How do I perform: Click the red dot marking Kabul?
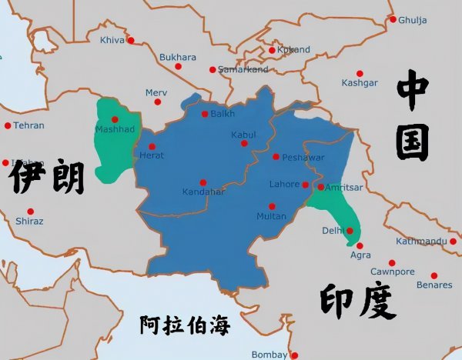pos(244,143)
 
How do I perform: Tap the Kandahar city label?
pos(203,192)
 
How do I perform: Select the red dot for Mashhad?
pos(115,119)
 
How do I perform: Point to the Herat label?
pos(152,156)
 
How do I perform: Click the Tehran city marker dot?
pos(8,125)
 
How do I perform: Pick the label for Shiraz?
pos(29,222)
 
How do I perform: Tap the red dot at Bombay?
pos(293,355)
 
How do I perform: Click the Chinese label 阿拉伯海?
pos(185,325)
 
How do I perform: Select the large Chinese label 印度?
pos(357,302)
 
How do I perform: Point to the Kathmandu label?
pos(421,242)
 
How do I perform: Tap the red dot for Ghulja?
pos(393,19)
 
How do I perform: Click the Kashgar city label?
pos(360,82)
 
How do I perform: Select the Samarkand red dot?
pos(213,70)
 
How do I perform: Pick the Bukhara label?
pos(178,58)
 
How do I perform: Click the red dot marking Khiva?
pos(130,40)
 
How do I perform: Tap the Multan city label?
pos(271,217)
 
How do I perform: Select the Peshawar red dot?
pos(276,157)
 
